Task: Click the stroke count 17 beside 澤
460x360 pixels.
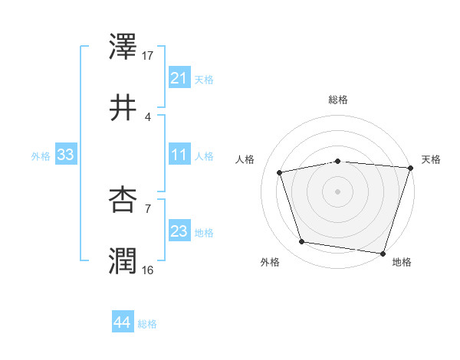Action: tap(149, 55)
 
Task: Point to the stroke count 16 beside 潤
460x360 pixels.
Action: tap(149, 269)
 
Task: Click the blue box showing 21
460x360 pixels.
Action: tap(179, 78)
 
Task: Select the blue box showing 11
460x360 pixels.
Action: tap(179, 155)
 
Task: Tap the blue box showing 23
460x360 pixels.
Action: tap(179, 231)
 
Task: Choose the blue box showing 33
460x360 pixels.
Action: tap(65, 155)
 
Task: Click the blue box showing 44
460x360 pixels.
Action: tap(122, 322)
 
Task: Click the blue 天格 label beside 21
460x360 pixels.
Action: tap(204, 79)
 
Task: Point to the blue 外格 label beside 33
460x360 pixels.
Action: tap(41, 155)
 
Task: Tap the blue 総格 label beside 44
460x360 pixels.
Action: tap(147, 323)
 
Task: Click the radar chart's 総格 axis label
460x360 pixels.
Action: tap(337, 100)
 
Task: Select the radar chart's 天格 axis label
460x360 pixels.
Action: tap(431, 159)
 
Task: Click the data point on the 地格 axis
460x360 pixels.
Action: tap(383, 253)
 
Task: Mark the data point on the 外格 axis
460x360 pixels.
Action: tap(302, 242)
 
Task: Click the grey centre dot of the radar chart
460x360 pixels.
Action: tap(337, 191)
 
